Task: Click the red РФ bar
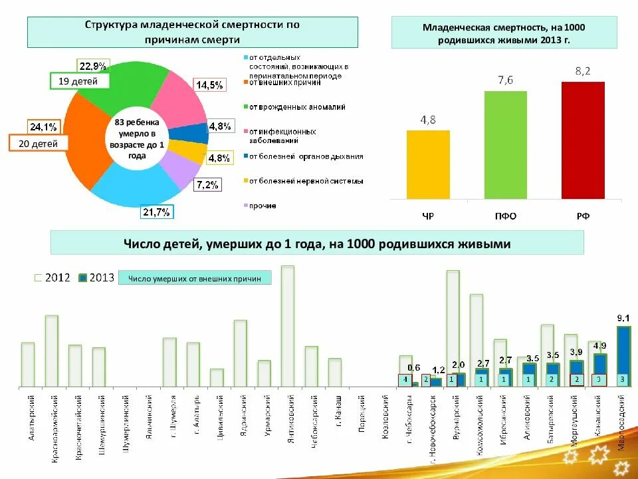point(583,140)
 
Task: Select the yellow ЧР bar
point(428,164)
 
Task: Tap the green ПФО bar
point(505,144)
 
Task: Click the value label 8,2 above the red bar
point(583,71)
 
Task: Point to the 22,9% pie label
point(93,67)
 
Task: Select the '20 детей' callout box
point(38,144)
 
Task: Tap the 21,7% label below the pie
point(157,212)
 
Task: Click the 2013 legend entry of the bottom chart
point(96,277)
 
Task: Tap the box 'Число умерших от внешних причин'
point(195,278)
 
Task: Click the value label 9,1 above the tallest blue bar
point(623,319)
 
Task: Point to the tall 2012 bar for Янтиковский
point(287,325)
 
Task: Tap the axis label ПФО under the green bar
point(505,216)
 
